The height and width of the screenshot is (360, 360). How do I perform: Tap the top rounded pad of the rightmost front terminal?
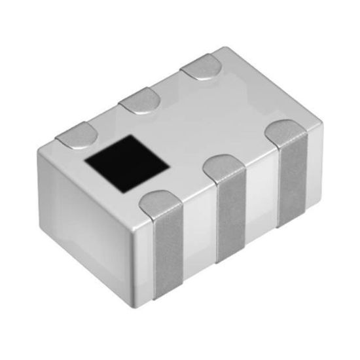289,132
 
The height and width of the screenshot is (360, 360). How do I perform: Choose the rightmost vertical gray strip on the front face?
292,177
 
